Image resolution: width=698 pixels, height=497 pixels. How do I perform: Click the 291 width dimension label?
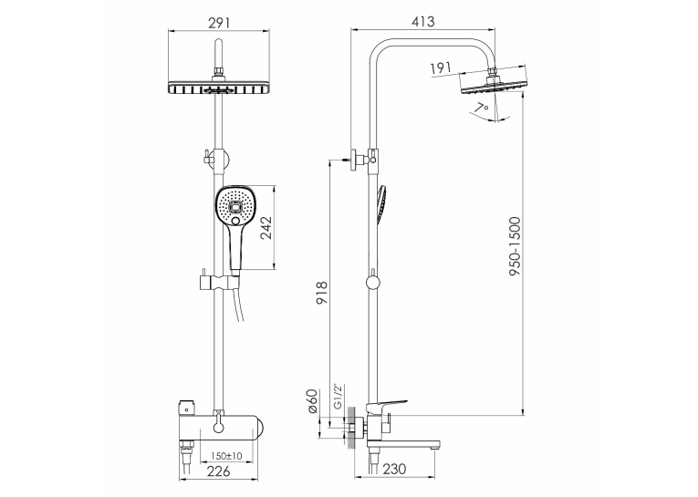[x=219, y=22]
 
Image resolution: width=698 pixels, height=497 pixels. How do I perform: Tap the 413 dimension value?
[x=422, y=21]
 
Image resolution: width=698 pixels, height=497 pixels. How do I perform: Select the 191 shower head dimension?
[x=441, y=67]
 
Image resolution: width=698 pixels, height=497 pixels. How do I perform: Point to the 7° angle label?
[x=481, y=108]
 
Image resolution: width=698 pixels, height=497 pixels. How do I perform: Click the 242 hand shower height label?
[x=266, y=228]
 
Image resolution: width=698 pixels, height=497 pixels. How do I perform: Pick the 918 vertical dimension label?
[x=321, y=293]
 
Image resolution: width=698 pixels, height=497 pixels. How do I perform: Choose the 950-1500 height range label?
[x=515, y=246]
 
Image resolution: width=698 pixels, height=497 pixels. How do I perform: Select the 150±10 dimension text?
[x=226, y=456]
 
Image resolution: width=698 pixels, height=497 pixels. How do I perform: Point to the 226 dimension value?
[x=219, y=471]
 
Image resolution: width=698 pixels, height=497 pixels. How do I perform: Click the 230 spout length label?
[x=394, y=469]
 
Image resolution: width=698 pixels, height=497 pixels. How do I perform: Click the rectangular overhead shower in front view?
[x=219, y=88]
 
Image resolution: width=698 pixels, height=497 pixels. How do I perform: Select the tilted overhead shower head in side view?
[x=494, y=85]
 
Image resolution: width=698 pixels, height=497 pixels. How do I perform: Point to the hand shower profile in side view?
[x=381, y=205]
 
